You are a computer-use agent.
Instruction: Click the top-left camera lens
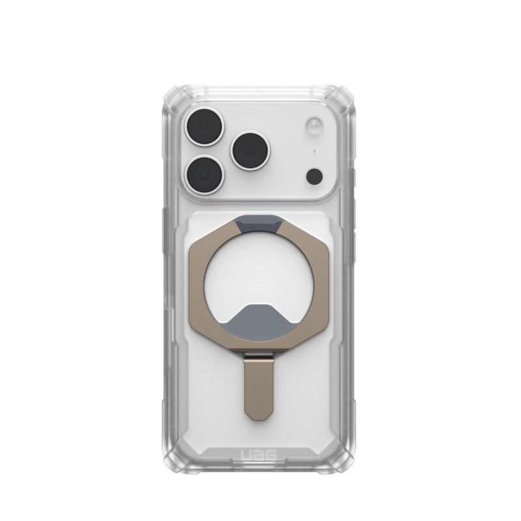point(204,127)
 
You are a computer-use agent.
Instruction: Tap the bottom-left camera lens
point(204,174)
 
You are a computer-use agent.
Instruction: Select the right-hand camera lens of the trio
point(251,150)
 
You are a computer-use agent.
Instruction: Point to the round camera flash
point(314,125)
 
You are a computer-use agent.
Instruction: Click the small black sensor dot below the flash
point(314,176)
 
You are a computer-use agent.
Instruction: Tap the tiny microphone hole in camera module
point(315,152)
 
